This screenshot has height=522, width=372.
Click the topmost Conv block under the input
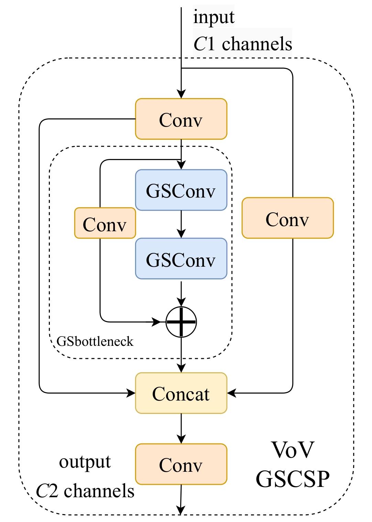(x=181, y=119)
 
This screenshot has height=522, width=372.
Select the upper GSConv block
(x=181, y=190)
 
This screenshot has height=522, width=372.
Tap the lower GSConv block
(x=181, y=258)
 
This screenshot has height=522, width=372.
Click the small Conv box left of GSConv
(x=105, y=223)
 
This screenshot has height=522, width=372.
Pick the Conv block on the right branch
(x=287, y=218)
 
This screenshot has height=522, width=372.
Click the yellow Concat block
(x=181, y=393)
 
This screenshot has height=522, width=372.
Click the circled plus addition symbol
(x=181, y=322)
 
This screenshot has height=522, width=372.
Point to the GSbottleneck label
(x=95, y=341)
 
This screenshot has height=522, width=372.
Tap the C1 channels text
(x=243, y=44)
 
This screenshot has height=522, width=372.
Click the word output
(x=85, y=462)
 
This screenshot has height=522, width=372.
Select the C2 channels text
(x=85, y=490)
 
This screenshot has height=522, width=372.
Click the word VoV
(x=293, y=449)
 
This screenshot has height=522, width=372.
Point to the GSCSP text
(x=293, y=478)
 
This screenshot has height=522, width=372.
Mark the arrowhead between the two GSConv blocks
(x=181, y=234)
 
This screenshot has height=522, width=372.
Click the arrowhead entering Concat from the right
(x=232, y=392)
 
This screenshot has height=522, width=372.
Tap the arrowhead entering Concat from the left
(x=131, y=392)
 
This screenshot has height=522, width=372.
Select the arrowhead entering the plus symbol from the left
(x=157, y=322)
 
